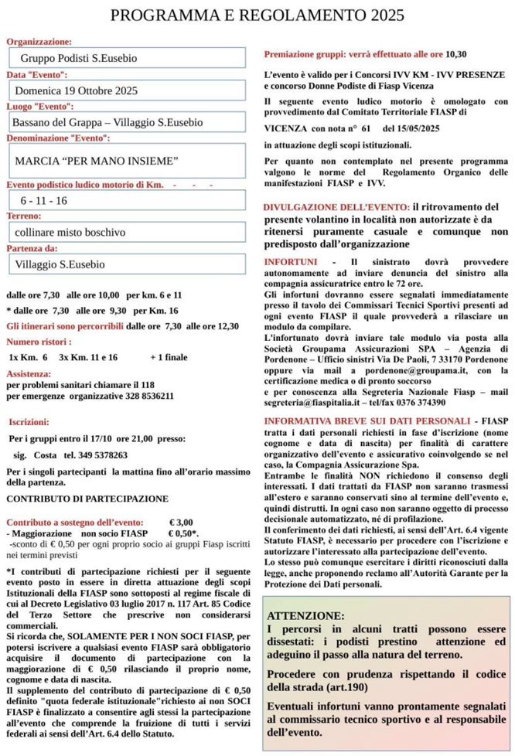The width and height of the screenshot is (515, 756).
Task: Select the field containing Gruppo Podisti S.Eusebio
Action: [x=128, y=58]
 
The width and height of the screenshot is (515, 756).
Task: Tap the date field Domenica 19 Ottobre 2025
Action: [x=128, y=90]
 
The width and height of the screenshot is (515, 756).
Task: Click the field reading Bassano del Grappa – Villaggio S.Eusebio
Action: [x=128, y=122]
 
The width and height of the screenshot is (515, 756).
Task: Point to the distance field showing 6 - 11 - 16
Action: [x=128, y=200]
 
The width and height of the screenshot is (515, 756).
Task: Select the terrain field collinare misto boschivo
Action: [x=128, y=232]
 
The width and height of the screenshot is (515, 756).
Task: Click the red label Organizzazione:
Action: [x=39, y=42]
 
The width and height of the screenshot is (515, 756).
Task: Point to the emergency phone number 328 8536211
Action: [x=146, y=396]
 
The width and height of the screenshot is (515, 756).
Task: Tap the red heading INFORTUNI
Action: [x=291, y=262]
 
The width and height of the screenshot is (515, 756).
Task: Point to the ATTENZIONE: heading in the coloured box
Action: [x=305, y=615]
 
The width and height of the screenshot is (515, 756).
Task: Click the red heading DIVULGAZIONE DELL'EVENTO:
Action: [x=336, y=207]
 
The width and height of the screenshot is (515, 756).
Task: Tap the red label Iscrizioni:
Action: [x=29, y=422]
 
